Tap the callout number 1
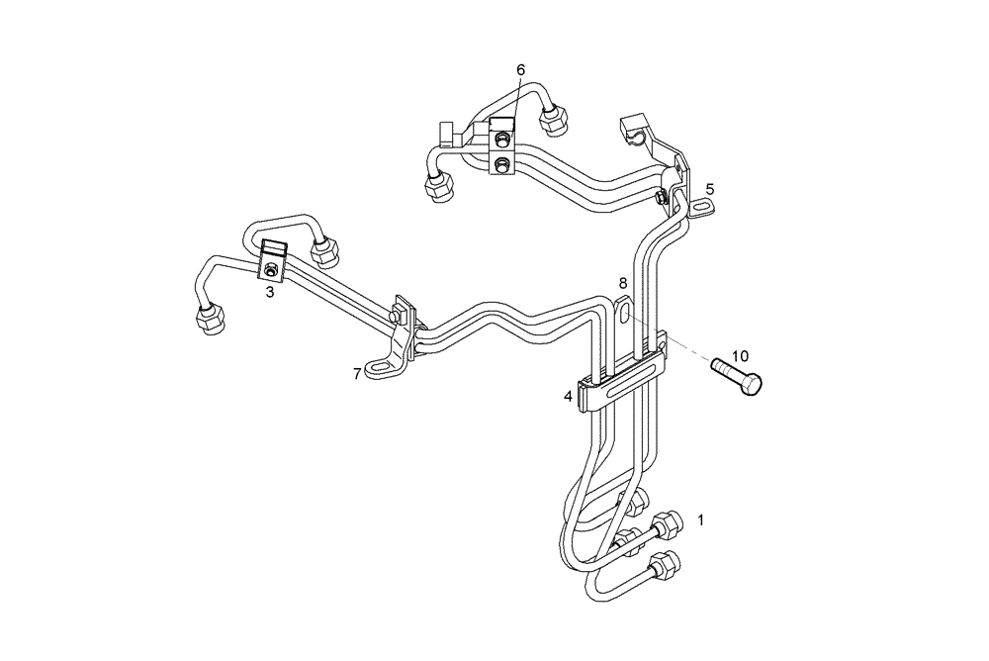pos(701,519)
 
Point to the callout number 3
pos(269,293)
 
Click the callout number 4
pos(568,396)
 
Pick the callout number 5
pos(709,188)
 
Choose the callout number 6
pos(521,69)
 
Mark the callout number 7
pos(357,373)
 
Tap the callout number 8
pos(623,283)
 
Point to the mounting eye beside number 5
pos(701,207)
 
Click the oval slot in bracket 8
pos(628,316)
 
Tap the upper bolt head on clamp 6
pos(503,138)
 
